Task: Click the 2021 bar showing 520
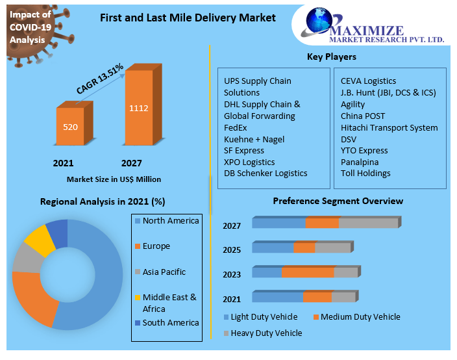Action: click(69, 127)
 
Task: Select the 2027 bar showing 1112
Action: click(139, 107)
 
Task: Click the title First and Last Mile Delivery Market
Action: click(187, 18)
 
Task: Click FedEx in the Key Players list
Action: click(236, 127)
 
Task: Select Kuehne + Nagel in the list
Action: click(254, 139)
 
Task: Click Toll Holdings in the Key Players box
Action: click(365, 174)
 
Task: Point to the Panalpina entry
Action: click(360, 162)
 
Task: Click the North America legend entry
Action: click(170, 221)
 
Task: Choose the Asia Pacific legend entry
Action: click(164, 272)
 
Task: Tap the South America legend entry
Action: click(171, 323)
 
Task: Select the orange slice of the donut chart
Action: click(32, 296)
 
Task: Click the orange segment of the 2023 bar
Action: click(308, 272)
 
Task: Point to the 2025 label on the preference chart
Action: click(232, 250)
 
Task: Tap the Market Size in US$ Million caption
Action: click(114, 179)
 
